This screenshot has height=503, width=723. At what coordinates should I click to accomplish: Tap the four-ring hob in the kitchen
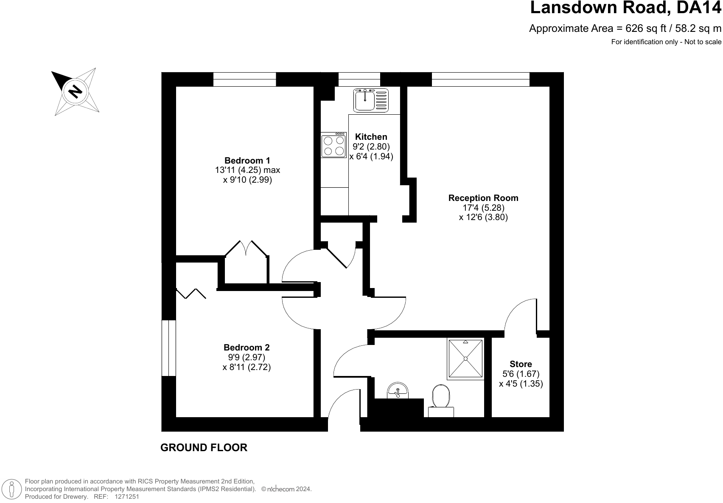(x=333, y=145)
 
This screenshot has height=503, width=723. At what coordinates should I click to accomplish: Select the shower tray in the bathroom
(x=465, y=359)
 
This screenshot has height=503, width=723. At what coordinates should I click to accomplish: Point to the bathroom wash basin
(x=398, y=390)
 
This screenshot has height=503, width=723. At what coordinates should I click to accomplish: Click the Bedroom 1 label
(x=247, y=161)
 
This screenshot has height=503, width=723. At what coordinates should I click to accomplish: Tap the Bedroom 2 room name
(x=247, y=348)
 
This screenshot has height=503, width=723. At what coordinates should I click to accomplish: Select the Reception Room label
(x=483, y=198)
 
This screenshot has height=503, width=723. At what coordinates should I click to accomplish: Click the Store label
(x=521, y=364)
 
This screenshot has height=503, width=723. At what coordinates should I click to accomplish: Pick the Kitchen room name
(x=371, y=137)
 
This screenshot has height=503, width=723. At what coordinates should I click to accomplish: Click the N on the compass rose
(x=76, y=91)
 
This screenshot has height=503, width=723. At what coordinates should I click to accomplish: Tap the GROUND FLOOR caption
(x=204, y=447)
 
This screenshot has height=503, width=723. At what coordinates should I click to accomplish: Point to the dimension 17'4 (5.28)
(x=483, y=208)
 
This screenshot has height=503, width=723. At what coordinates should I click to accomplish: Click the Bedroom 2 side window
(x=168, y=348)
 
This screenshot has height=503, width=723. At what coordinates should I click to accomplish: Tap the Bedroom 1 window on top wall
(x=244, y=79)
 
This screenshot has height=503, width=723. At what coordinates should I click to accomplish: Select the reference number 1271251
(x=126, y=496)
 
